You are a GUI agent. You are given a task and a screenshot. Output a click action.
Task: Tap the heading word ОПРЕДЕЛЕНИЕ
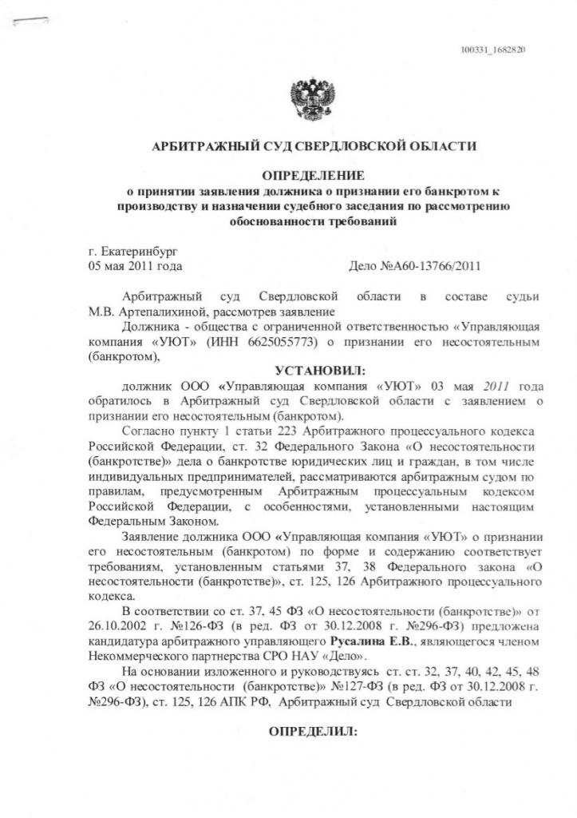coord(313,175)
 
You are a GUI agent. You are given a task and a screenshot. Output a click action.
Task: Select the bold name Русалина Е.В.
coord(367,642)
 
